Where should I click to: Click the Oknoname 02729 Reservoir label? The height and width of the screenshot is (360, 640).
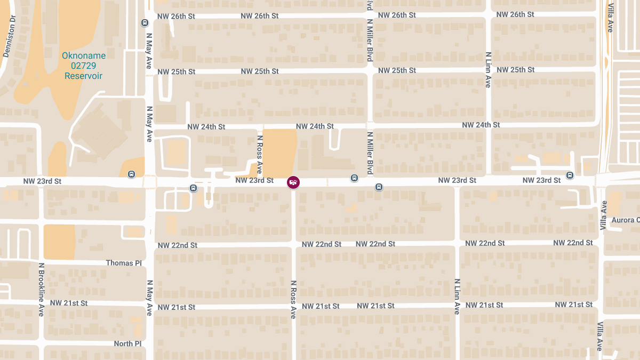(84, 66)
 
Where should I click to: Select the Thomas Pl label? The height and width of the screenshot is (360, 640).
(123, 263)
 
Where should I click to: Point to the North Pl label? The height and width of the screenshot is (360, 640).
(127, 344)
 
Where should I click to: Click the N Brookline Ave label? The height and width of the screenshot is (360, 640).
(41, 290)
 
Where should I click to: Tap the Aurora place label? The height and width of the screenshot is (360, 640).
(625, 220)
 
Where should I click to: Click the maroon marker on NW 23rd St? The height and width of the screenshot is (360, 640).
(293, 182)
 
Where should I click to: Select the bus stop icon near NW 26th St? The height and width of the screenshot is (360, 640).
(145, 22)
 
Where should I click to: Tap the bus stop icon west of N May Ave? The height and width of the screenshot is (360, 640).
(131, 174)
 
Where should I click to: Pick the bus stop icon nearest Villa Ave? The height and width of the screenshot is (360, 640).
(570, 174)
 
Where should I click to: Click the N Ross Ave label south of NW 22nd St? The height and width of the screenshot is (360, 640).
(293, 299)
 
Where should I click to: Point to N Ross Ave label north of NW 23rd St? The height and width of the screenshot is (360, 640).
(259, 154)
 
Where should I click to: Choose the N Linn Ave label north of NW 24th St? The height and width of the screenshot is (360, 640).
(488, 69)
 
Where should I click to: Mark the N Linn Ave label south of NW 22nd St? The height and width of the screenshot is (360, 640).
(457, 297)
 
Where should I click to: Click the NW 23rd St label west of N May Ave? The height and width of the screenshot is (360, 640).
(43, 181)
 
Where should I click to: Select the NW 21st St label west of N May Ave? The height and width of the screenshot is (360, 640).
(69, 303)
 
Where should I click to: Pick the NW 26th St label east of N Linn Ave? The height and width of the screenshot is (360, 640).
(515, 14)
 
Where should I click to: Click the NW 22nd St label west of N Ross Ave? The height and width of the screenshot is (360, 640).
(178, 245)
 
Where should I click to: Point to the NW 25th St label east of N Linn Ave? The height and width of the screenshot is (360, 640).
(515, 70)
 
